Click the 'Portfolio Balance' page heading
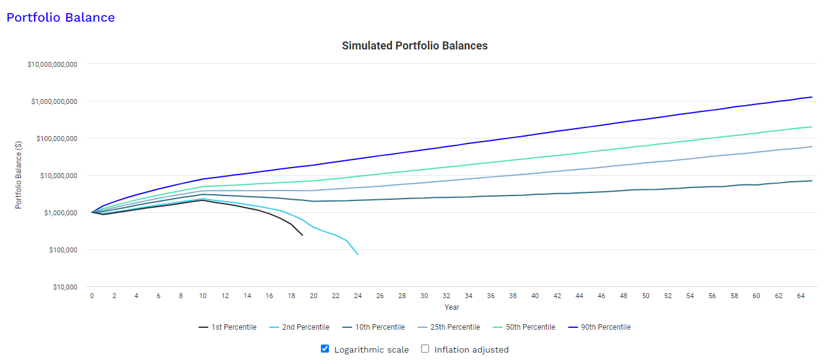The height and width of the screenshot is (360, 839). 61,17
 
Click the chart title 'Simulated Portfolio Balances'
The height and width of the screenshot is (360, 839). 414,46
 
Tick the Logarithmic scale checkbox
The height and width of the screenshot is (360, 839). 325,349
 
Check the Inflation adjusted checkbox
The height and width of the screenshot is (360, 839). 425,349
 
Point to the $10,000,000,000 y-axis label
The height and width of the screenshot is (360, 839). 52,64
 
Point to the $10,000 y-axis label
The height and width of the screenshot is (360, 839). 61,287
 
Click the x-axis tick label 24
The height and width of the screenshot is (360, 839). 357,296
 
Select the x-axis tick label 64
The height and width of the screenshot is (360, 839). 801,296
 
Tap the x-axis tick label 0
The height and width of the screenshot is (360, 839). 92,296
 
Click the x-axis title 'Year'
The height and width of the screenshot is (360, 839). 452,307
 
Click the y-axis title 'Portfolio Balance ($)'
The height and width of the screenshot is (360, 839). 19,175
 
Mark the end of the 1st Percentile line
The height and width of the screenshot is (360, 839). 302,235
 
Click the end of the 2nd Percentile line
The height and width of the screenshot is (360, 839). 357,254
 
